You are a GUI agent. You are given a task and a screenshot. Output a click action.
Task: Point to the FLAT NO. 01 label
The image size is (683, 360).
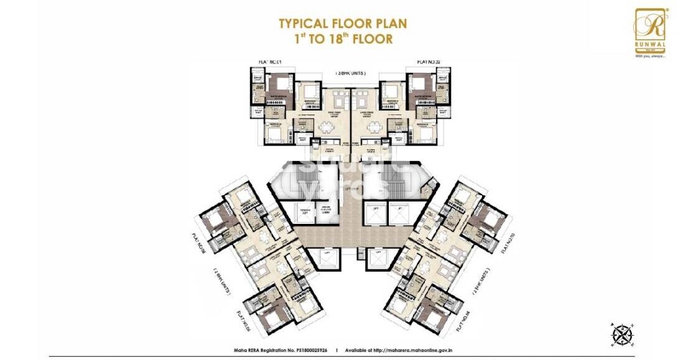(270, 62)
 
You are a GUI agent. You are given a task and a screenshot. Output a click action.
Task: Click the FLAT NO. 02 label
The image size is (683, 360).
(429, 62)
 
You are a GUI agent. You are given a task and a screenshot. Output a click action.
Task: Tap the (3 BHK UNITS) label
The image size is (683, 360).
(350, 73)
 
